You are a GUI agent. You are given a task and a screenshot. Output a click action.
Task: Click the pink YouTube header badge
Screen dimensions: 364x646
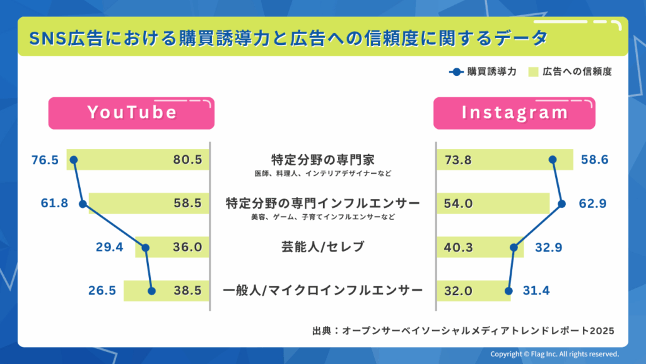(x=131, y=113)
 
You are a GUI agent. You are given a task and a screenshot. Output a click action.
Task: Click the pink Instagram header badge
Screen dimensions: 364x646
(x=514, y=113)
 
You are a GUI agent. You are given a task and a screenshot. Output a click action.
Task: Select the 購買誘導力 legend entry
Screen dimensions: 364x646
(x=483, y=71)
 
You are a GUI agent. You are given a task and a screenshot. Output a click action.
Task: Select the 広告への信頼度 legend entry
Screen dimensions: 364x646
(x=571, y=71)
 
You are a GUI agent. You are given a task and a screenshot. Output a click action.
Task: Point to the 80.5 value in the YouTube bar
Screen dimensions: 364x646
(x=188, y=161)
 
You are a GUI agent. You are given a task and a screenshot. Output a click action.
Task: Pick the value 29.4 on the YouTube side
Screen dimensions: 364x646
(x=110, y=248)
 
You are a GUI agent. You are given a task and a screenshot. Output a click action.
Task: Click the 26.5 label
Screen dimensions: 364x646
(x=102, y=291)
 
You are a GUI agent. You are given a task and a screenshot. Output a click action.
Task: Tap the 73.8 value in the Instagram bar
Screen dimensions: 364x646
(x=458, y=161)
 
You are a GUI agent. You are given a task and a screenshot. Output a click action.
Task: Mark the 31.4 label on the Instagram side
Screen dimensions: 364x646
(x=536, y=291)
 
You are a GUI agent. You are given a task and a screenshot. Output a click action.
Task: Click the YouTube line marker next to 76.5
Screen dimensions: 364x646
(x=73, y=160)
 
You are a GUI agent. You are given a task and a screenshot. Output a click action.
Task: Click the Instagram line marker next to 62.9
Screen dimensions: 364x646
(x=562, y=203)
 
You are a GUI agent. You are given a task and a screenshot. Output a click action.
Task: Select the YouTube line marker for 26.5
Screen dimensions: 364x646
(x=151, y=291)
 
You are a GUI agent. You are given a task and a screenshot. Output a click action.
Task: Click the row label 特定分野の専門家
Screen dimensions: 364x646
(x=322, y=159)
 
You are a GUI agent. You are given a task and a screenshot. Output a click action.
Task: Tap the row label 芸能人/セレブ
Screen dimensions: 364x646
(x=322, y=247)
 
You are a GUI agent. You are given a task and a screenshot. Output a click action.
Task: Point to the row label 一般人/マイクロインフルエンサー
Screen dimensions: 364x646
(x=322, y=291)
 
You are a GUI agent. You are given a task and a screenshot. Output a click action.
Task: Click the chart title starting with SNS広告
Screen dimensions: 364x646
(x=288, y=38)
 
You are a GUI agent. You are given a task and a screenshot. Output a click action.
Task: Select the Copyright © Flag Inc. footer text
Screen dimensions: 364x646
(x=555, y=355)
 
